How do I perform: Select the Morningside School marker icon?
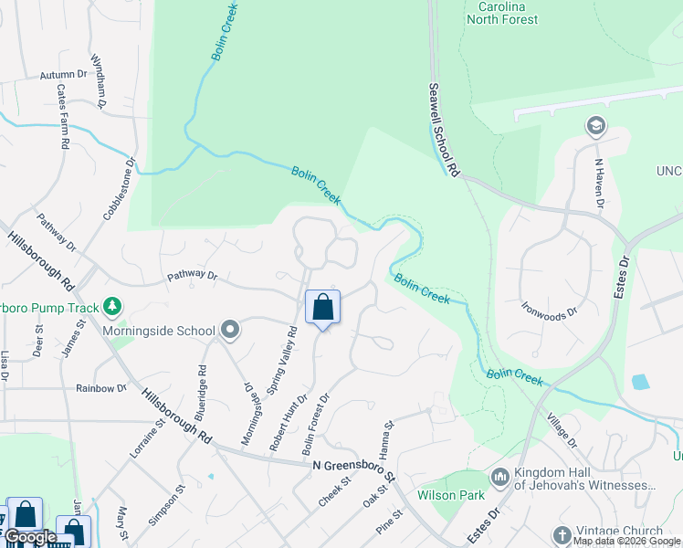(229, 331)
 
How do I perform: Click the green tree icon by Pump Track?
(111, 305)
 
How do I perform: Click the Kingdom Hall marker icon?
(499, 477)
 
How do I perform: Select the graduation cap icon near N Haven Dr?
(596, 126)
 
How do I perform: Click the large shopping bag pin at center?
(322, 308)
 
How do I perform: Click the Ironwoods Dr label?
(549, 311)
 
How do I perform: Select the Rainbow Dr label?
(101, 388)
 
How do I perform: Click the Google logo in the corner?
(30, 537)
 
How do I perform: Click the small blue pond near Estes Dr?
(640, 382)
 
